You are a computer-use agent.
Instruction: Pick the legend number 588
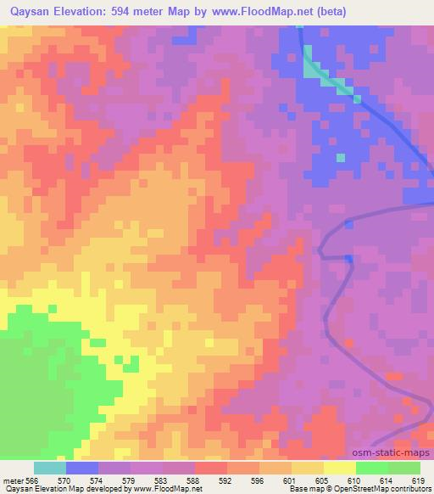tap(195, 480)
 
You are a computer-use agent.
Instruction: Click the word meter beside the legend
tap(11, 480)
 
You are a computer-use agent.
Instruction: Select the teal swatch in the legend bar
tap(50, 468)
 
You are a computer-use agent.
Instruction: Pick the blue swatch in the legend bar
tap(82, 468)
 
